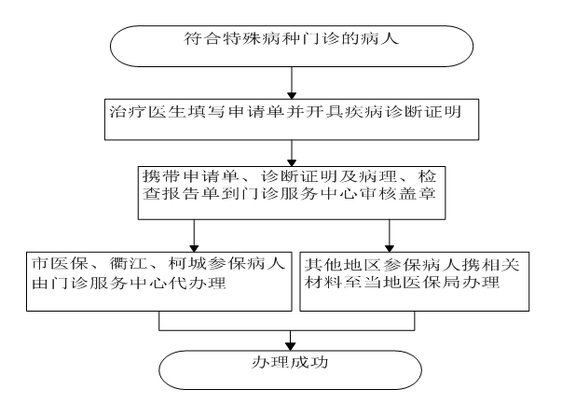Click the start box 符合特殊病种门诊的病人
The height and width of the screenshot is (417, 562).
click(x=293, y=42)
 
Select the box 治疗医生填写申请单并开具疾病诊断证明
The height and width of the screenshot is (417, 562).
click(x=293, y=118)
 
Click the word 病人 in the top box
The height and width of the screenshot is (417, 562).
click(x=389, y=42)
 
